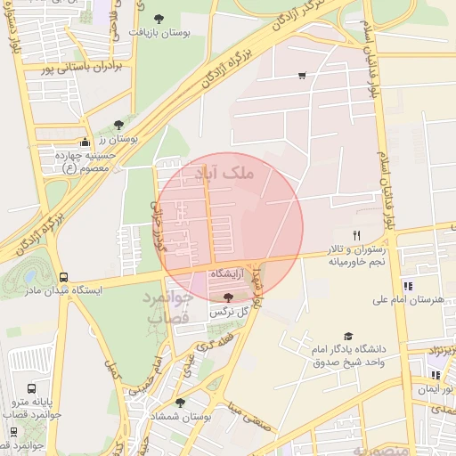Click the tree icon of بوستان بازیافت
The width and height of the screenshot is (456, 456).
159,18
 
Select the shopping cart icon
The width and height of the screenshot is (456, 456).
302,75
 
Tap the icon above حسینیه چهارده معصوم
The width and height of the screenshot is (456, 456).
85,142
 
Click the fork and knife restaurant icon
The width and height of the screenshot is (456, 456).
356,235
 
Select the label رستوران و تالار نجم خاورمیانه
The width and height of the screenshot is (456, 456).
355,256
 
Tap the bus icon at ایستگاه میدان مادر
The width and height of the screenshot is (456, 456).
63,277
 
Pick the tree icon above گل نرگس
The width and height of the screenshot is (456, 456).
229,297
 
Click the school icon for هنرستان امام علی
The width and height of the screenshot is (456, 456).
409,286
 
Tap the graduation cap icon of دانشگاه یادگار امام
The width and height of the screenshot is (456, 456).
348,336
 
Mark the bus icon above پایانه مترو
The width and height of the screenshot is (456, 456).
32,388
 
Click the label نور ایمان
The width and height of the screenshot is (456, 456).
436,389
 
